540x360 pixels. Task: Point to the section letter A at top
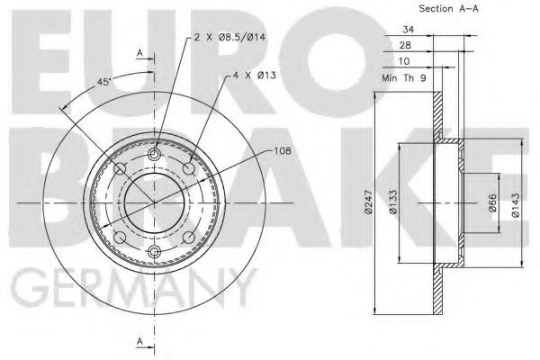click(140, 53)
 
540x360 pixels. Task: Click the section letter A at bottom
click(140, 340)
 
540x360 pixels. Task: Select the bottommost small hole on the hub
click(154, 250)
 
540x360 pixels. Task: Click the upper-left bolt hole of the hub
click(121, 170)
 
